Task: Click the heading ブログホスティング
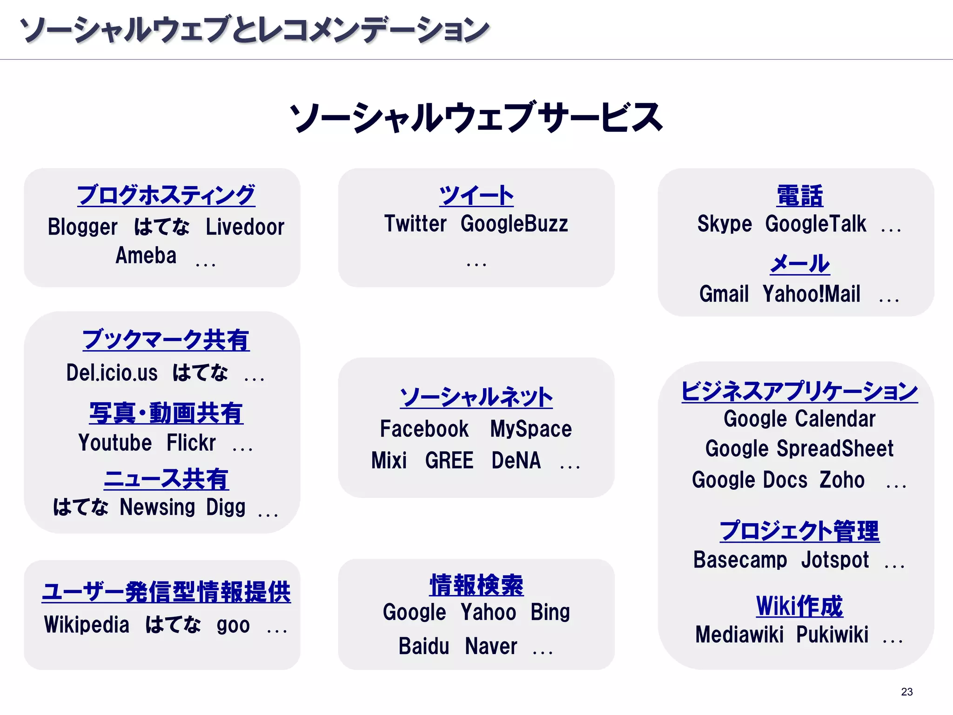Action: (x=166, y=195)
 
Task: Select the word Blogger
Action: (x=82, y=227)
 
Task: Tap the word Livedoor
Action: (x=245, y=227)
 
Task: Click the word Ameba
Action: (x=146, y=256)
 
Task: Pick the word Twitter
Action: (x=415, y=224)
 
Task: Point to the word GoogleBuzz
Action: (x=514, y=224)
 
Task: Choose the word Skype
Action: (x=725, y=224)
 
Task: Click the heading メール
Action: (x=799, y=264)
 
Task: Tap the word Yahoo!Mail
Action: (x=812, y=294)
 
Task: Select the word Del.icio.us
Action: (x=112, y=373)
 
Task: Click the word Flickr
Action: (x=191, y=443)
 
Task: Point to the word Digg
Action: (x=226, y=507)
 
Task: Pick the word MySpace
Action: (x=531, y=429)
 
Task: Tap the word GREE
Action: (x=449, y=461)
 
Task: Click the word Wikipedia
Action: (x=87, y=625)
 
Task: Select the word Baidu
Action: (x=424, y=646)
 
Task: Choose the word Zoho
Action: (x=842, y=480)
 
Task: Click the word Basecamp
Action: (x=740, y=560)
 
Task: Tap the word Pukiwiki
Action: (x=832, y=634)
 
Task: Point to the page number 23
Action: (x=906, y=692)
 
